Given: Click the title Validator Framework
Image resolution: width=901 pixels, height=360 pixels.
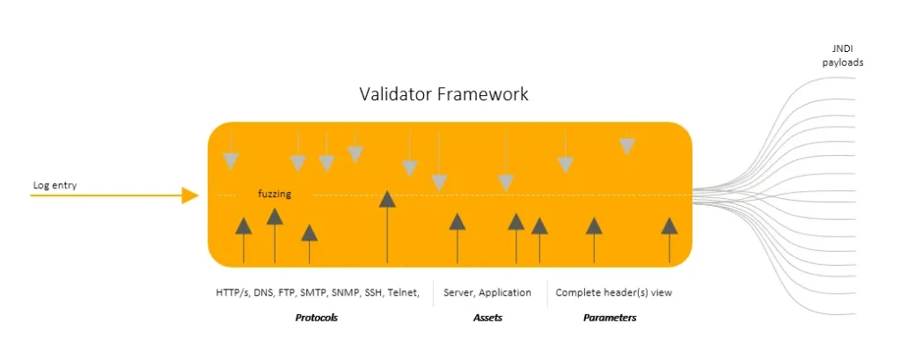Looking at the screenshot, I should click(x=443, y=94).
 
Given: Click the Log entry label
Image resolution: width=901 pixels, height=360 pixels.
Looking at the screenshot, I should click(x=55, y=186).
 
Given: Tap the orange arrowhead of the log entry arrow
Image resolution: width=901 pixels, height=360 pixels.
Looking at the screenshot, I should click(x=190, y=195).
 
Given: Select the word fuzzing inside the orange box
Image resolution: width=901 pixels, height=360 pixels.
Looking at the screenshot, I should click(x=275, y=194).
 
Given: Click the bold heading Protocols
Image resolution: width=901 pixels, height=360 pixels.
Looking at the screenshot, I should click(x=316, y=318).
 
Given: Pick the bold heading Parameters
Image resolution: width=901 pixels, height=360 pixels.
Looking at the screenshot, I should click(x=609, y=318).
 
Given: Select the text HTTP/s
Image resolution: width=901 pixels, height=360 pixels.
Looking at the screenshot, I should click(x=231, y=292).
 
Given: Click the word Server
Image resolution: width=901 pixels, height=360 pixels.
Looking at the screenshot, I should click(x=459, y=292).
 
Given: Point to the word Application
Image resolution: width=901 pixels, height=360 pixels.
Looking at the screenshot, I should click(x=505, y=292).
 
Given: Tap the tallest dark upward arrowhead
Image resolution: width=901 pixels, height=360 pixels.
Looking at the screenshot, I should click(x=387, y=199).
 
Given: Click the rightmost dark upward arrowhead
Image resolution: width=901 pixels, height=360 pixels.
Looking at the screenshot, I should click(x=670, y=225).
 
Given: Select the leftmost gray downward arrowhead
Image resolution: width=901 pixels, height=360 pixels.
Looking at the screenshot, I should click(x=231, y=161).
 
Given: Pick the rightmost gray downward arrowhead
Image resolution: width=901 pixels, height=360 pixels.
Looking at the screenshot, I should click(x=626, y=146).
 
